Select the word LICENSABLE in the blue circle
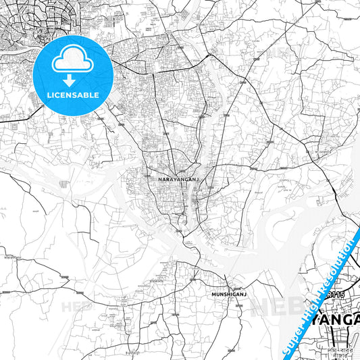tap(73, 95)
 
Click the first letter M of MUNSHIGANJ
tap(203, 295)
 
